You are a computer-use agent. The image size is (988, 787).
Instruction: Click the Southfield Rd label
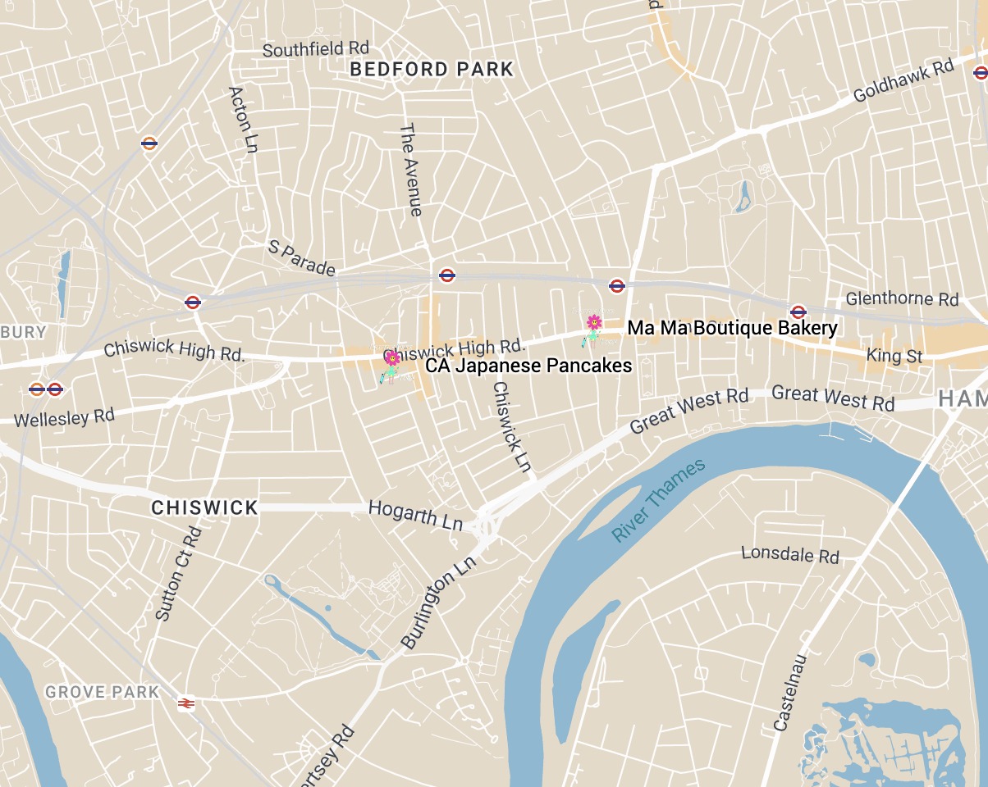tap(315, 49)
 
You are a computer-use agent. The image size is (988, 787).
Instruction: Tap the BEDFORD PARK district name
tap(432, 70)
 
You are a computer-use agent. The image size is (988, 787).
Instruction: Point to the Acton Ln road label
tap(243, 119)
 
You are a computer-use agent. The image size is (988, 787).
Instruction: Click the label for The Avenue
tap(411, 170)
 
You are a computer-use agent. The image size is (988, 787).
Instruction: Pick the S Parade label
tap(302, 257)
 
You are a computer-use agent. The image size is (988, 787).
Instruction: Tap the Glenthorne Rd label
tap(902, 298)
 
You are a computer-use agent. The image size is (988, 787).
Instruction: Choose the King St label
tap(894, 356)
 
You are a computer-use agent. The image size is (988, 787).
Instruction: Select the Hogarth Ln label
tap(415, 513)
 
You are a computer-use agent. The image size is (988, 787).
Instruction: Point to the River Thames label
tap(658, 500)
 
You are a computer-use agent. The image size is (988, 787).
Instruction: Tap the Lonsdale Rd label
tap(789, 554)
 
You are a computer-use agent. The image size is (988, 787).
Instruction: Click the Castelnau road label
tap(791, 693)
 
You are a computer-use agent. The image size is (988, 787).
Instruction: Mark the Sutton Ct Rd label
tap(179, 574)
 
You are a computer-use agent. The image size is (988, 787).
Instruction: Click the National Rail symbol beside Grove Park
tap(186, 703)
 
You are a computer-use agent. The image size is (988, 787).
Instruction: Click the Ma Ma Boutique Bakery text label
tap(732, 329)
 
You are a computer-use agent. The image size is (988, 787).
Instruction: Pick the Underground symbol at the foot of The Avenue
tap(447, 275)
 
